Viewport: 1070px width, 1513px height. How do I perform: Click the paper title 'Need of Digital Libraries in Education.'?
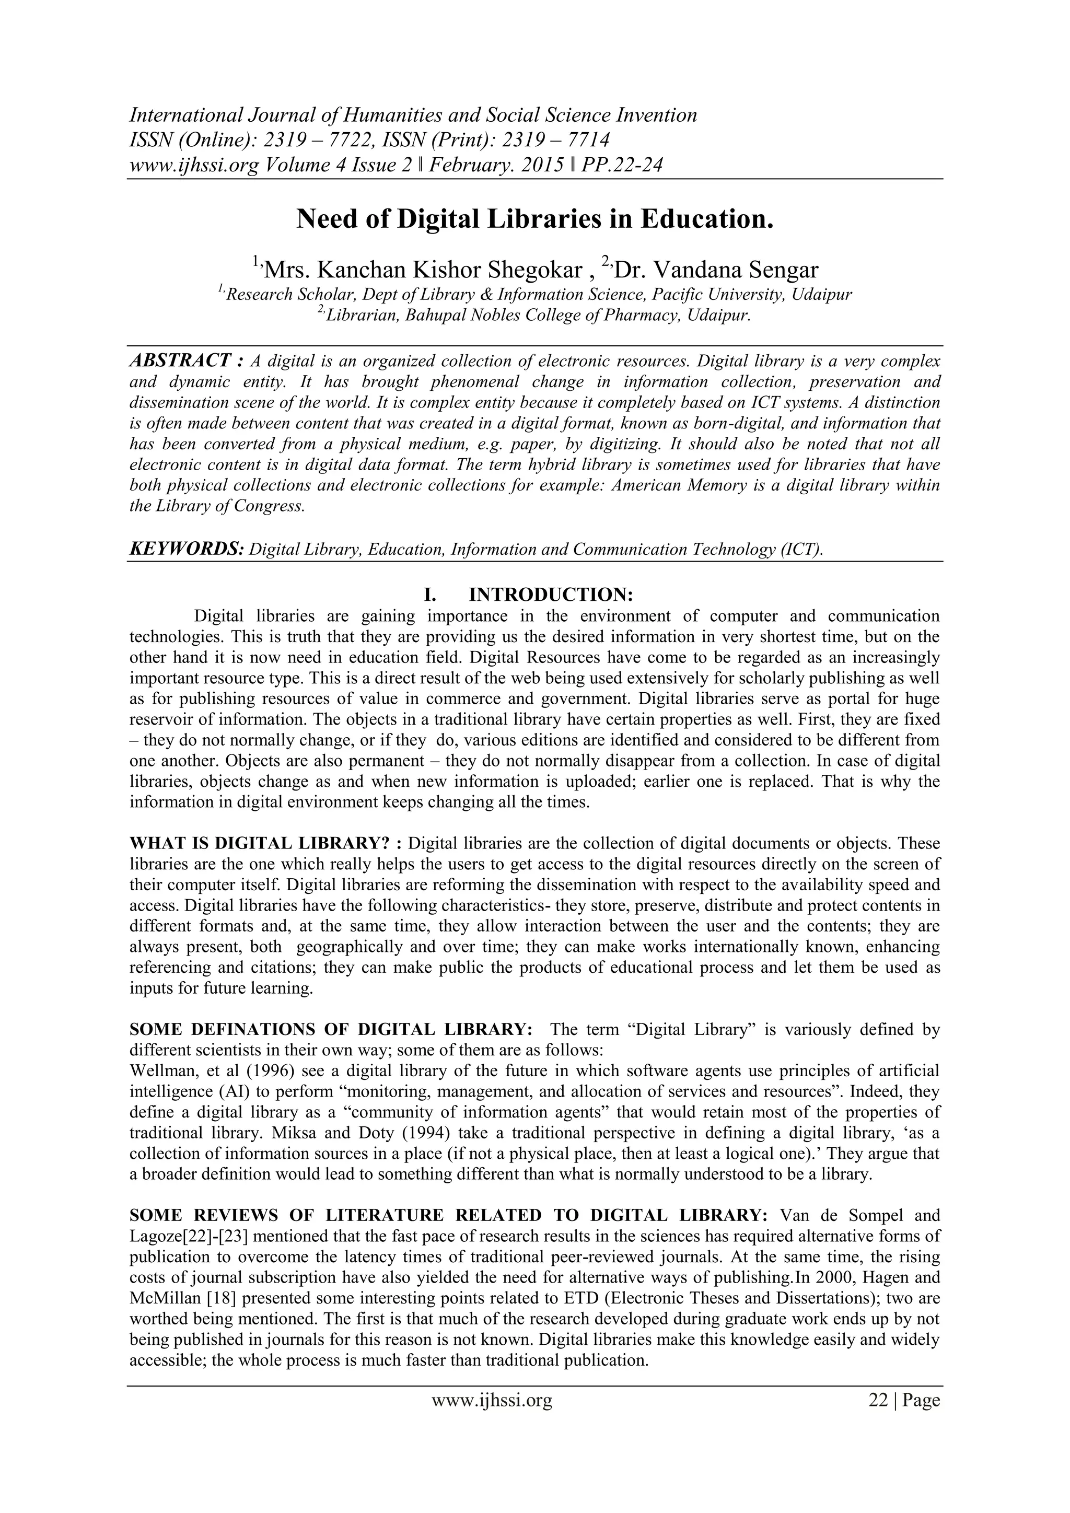(x=534, y=219)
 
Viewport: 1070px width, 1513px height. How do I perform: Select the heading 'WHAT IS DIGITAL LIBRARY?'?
(x=261, y=843)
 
